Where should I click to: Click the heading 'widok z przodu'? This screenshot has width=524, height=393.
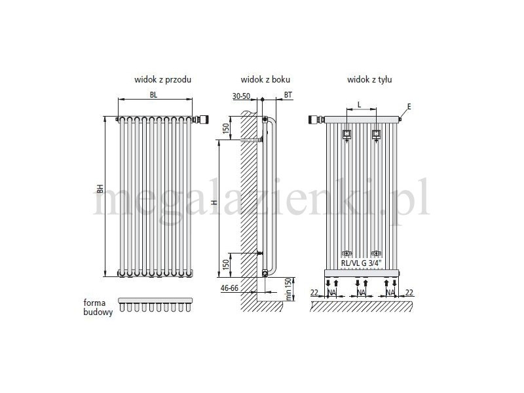tap(162, 79)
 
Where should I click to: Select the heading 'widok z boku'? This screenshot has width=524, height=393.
tap(265, 79)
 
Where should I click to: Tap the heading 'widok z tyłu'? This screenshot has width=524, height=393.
tap(369, 79)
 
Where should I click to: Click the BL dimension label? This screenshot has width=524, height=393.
tap(153, 95)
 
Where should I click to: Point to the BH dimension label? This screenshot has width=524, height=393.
tap(100, 189)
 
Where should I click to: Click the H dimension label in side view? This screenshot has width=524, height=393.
tap(215, 202)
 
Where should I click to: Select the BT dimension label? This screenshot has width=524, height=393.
tap(288, 95)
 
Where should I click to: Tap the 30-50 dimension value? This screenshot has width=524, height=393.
tap(241, 96)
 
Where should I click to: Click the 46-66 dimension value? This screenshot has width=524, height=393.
tap(230, 288)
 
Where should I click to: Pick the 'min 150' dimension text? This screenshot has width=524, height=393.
tap(289, 290)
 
